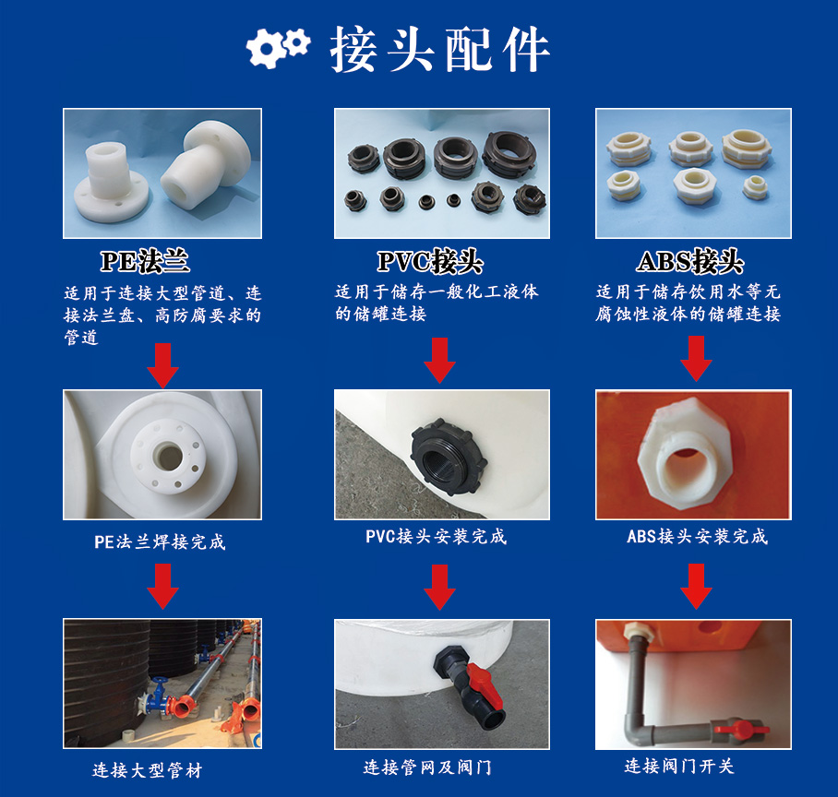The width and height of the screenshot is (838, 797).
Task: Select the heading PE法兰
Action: (x=145, y=261)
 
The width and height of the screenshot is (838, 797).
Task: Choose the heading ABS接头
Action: (x=689, y=261)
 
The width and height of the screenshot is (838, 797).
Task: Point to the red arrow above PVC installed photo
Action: (x=439, y=360)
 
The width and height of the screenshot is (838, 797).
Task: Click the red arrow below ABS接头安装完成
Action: (x=696, y=585)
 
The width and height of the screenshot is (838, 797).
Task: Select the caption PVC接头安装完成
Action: (x=436, y=536)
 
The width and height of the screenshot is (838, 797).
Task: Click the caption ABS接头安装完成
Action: (x=697, y=536)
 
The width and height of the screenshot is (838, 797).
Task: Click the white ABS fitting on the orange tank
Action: (x=687, y=452)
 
